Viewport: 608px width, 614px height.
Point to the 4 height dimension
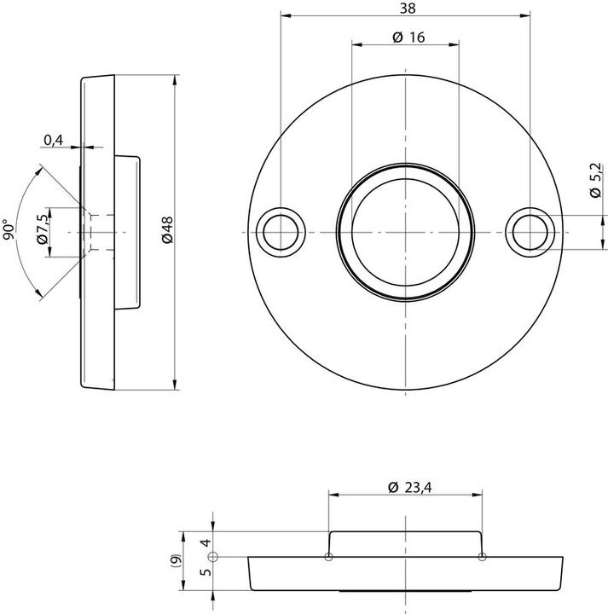(x=205, y=542)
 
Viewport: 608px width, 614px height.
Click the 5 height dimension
(x=205, y=573)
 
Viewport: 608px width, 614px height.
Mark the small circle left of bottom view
(x=213, y=557)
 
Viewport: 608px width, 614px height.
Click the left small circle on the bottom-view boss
(x=329, y=557)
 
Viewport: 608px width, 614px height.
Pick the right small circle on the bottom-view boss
(x=482, y=557)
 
